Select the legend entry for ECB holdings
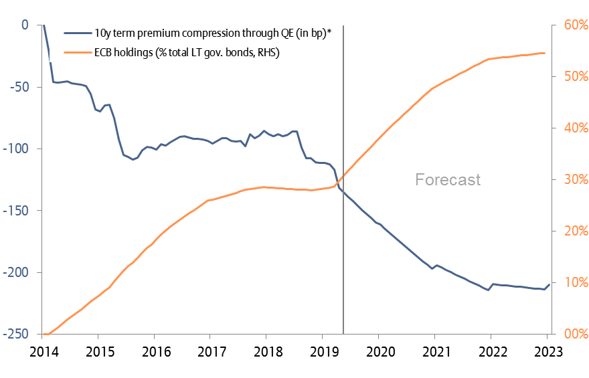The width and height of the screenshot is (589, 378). pos(187,52)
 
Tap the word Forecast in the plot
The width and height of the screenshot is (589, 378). pos(448,179)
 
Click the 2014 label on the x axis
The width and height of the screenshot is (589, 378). pos(42,352)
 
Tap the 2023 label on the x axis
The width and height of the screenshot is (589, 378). pos(547,352)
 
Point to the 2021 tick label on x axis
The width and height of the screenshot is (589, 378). pos(434,352)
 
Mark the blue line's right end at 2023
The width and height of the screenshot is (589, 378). pos(549,285)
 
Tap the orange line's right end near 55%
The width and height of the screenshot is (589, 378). pos(545,53)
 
